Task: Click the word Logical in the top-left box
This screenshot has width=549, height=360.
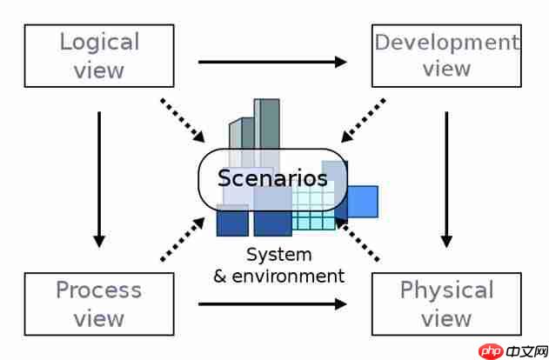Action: point(99,41)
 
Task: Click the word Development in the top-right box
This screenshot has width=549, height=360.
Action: point(445,41)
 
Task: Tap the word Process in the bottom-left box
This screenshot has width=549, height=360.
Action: point(98,290)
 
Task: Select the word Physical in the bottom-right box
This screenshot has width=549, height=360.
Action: point(446,290)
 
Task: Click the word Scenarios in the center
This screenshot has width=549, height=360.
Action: point(272,178)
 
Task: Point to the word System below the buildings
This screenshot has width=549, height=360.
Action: point(278,255)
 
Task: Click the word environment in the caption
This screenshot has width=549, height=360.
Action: point(291,277)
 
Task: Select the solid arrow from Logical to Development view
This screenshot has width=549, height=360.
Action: point(272,62)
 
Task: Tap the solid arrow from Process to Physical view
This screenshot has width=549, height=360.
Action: point(272,303)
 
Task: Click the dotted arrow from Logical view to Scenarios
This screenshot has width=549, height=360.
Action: point(183,120)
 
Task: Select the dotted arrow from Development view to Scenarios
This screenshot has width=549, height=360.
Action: point(364,119)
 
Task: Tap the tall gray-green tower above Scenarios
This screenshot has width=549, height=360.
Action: point(270,122)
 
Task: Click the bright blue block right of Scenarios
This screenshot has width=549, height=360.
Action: point(363,201)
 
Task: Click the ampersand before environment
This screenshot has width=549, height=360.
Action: point(221,277)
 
